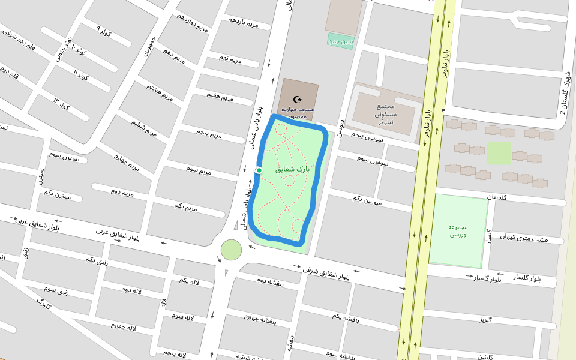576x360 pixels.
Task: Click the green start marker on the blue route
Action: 259,171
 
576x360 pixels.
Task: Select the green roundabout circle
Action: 231,250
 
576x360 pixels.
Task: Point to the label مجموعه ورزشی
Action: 457,230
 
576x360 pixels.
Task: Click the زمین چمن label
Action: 341,41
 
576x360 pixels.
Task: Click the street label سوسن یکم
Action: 367,200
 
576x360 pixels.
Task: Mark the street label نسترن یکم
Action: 58,194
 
